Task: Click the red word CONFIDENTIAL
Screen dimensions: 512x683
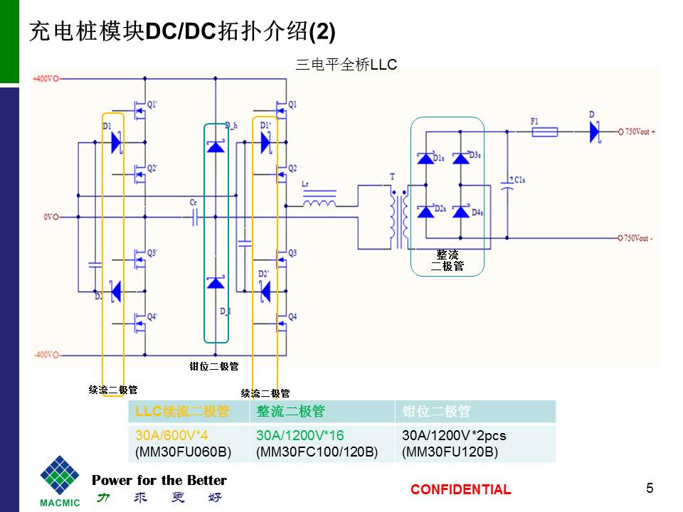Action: click(460, 489)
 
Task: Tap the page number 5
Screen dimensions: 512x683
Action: click(650, 488)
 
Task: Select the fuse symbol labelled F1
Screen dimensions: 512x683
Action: click(544, 131)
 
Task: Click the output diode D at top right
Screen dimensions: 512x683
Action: click(593, 131)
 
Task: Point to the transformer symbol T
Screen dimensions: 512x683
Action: click(398, 213)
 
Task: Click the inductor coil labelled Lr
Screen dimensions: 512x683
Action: click(319, 202)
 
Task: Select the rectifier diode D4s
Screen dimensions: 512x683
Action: click(461, 211)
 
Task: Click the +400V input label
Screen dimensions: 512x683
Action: click(45, 78)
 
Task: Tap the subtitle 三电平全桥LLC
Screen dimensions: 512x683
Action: click(345, 65)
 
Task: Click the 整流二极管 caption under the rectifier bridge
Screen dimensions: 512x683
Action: click(448, 260)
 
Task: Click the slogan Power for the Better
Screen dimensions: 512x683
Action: click(159, 480)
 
